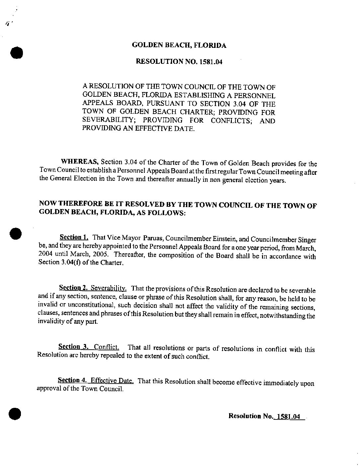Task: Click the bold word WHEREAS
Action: click(79, 162)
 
